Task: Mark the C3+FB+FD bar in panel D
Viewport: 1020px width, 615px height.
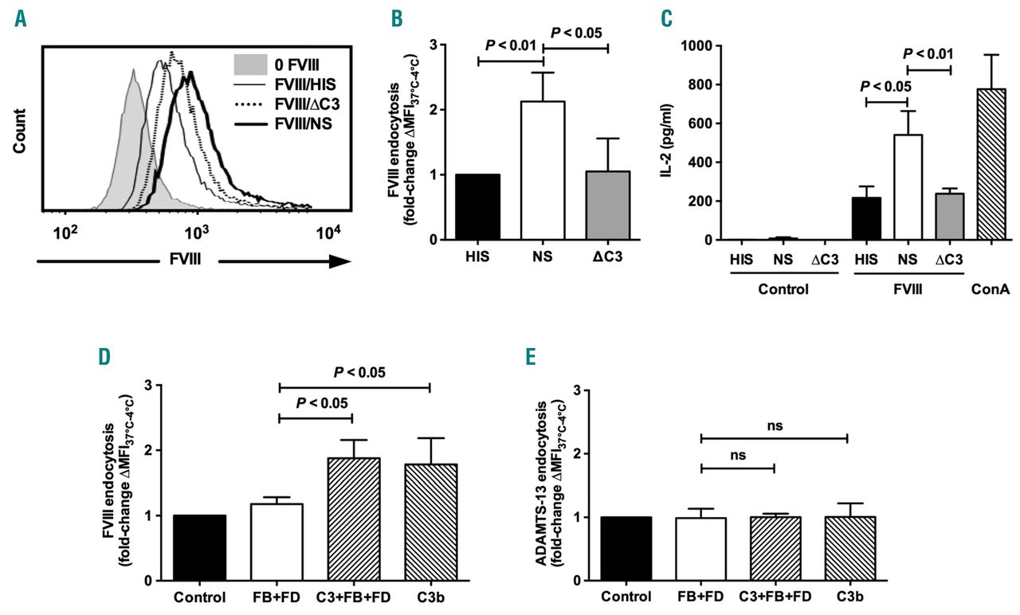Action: pos(353,520)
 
